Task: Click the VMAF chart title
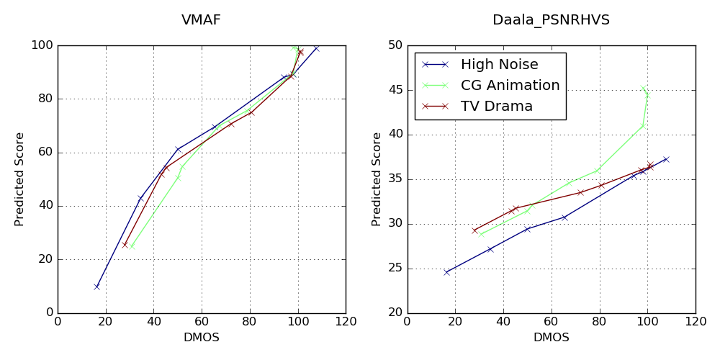[x=201, y=20]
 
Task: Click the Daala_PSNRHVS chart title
[x=551, y=20]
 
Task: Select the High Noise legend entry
[x=499, y=65]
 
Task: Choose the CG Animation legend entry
[x=510, y=86]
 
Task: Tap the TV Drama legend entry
[x=496, y=107]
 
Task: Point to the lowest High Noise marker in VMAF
[x=96, y=287]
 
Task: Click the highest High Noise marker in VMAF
[x=316, y=48]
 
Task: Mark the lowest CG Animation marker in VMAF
[x=132, y=246]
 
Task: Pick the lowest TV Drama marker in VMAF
[x=125, y=244]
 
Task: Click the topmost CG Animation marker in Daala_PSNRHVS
[x=643, y=89]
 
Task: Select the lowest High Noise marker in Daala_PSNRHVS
[x=446, y=272]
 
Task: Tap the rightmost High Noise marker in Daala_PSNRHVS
[x=666, y=159]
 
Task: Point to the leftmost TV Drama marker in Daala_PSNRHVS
[x=474, y=230]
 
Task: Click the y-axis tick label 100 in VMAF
[x=42, y=45]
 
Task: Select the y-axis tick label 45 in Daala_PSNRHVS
[x=395, y=90]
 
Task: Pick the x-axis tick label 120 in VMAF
[x=346, y=321]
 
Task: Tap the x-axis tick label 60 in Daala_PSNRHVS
[x=551, y=321]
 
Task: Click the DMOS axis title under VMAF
[x=202, y=337]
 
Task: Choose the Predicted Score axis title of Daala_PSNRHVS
[x=377, y=179]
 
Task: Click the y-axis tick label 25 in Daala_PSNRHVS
[x=395, y=269]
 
